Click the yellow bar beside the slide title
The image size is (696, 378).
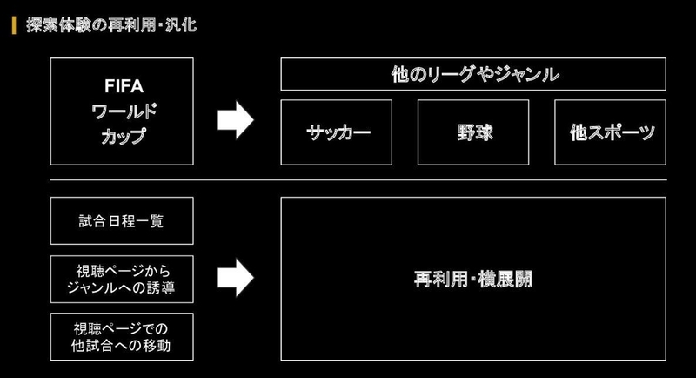click(14, 25)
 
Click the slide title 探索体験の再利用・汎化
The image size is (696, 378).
click(111, 25)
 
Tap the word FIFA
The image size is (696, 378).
click(124, 86)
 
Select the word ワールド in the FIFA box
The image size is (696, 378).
click(124, 111)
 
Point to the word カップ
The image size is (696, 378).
click(124, 136)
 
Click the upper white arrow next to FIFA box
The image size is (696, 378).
click(235, 120)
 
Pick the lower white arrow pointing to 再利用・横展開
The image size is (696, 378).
click(235, 278)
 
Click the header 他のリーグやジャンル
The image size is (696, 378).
click(475, 74)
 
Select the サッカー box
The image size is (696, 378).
click(337, 132)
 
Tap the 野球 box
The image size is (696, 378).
click(473, 132)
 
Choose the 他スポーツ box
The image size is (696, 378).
click(611, 132)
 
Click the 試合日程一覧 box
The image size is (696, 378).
click(122, 220)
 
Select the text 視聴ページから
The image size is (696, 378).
click(124, 271)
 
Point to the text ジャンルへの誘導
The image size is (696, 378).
click(121, 287)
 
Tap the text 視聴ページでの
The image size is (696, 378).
click(121, 328)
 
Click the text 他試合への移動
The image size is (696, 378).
click(121, 346)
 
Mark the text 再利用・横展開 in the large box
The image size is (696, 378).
click(473, 279)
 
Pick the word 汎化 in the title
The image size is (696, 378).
click(181, 25)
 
